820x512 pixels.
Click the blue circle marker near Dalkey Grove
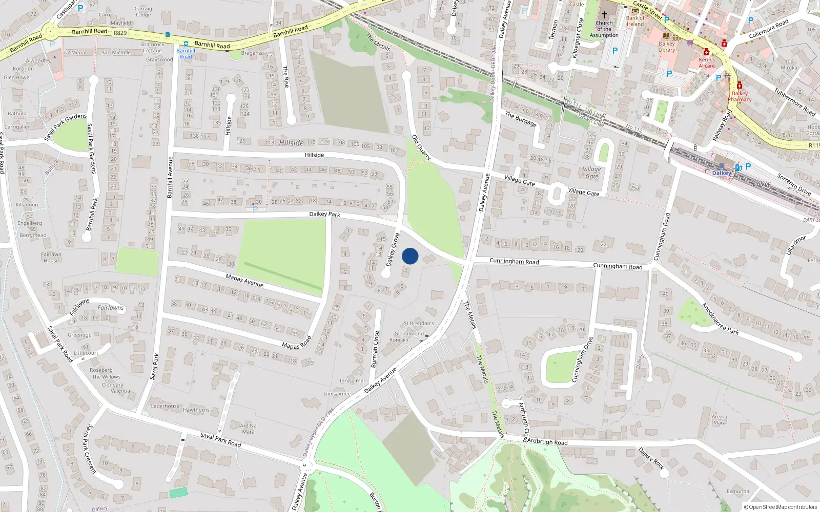coord(410,256)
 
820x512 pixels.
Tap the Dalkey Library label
coord(667,47)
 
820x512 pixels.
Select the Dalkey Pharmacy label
coord(740,96)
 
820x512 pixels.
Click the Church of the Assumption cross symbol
coord(604,15)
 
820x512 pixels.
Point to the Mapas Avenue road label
coord(244,281)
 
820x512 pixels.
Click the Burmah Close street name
coord(376,349)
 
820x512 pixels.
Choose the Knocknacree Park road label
coord(720,318)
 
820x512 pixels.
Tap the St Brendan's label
coord(419,323)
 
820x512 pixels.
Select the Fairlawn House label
coord(51,257)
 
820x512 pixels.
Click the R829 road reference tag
coord(120,33)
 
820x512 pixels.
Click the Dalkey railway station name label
coord(722,173)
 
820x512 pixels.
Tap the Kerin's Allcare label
coord(706,62)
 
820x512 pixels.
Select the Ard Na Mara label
coord(248,429)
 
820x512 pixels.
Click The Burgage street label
coord(521,119)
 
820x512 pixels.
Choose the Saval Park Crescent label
coord(91,449)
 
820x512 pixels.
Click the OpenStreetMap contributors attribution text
coord(783,507)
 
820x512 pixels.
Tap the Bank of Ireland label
coord(635,21)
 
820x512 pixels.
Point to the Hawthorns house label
coord(196,410)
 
